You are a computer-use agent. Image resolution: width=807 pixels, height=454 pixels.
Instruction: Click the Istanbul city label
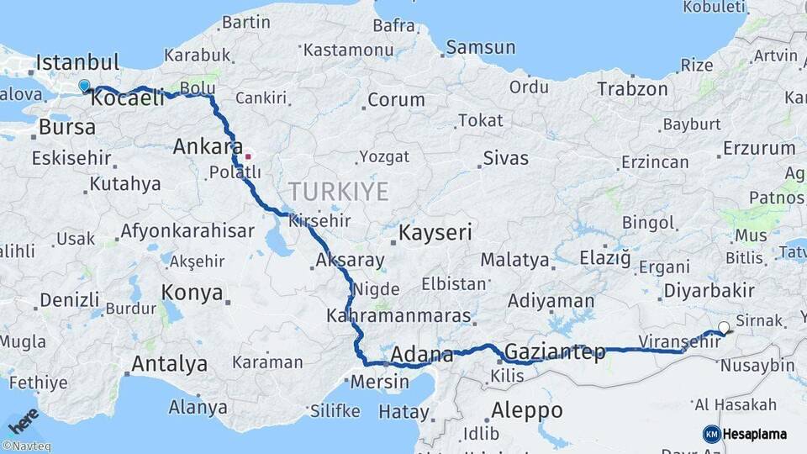(78, 62)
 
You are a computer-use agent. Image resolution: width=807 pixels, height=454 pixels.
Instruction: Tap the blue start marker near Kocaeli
(84, 86)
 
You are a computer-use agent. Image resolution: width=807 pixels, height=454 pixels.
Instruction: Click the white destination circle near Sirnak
(724, 328)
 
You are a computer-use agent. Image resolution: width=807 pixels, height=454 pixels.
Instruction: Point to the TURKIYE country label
(339, 192)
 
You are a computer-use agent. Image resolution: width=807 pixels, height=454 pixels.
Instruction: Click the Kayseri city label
(435, 233)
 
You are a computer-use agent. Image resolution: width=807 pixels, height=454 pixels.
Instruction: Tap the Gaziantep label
(556, 352)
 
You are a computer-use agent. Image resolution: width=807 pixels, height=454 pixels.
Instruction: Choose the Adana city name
(422, 355)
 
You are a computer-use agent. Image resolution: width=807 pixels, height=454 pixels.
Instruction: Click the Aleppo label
(526, 410)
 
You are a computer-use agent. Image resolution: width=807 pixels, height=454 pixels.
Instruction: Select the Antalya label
(169, 365)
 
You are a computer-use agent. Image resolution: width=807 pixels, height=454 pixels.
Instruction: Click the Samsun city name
(480, 47)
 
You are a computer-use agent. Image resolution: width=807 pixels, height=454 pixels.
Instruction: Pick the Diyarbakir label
(708, 291)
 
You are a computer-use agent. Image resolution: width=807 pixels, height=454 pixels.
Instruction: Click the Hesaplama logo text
(756, 434)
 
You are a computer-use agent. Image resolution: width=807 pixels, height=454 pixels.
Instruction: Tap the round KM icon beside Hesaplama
(712, 434)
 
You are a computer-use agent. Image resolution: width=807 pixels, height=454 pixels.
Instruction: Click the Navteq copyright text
(26, 446)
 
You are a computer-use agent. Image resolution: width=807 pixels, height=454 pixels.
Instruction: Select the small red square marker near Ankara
(247, 156)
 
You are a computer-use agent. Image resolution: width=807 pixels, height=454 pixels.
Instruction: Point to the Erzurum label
(759, 149)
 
